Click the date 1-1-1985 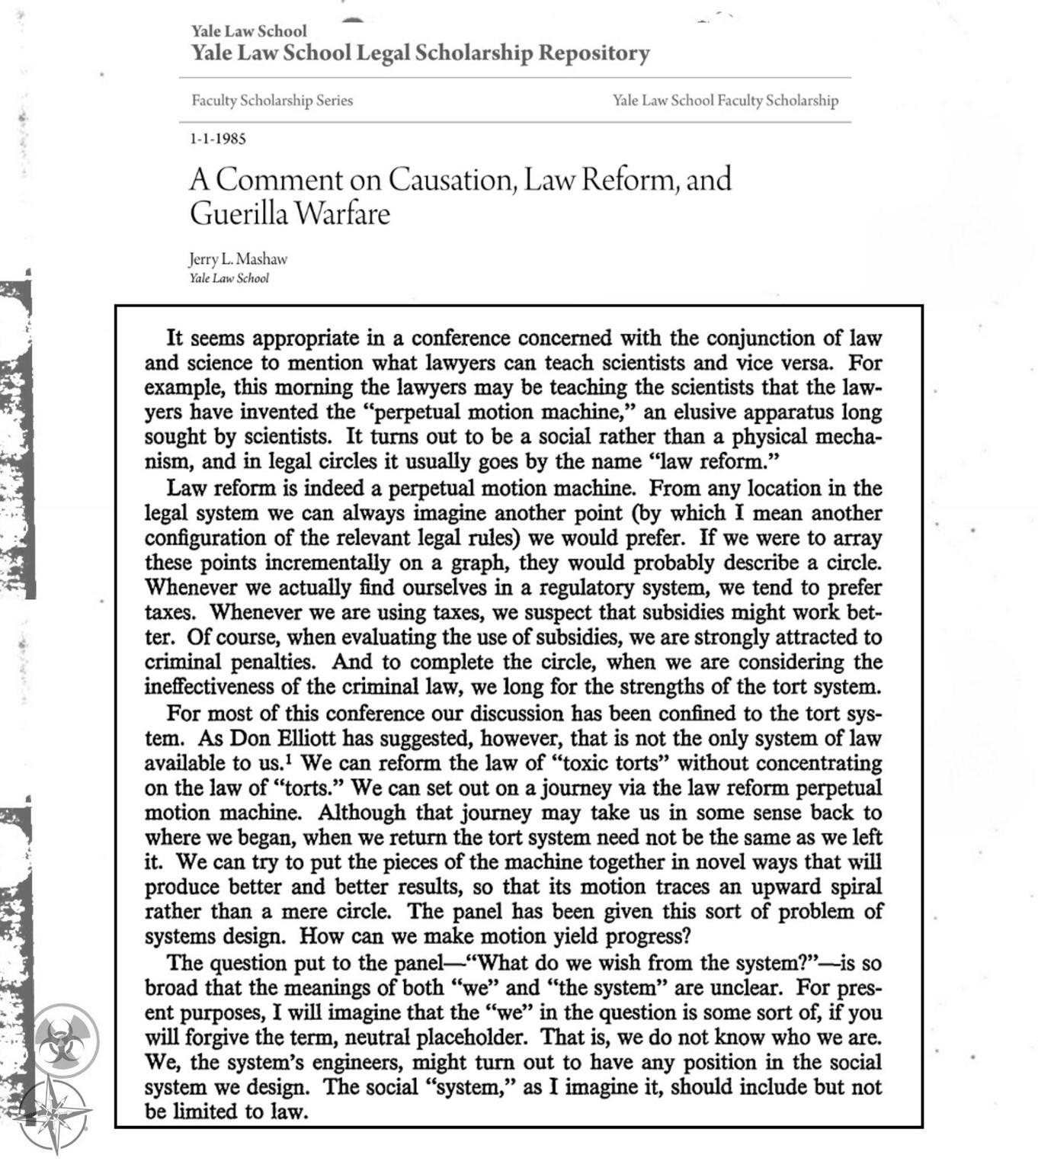[218, 139]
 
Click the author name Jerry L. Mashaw [239, 259]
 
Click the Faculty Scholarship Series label [272, 100]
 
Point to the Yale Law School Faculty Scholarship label [725, 100]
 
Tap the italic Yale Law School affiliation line [229, 278]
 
